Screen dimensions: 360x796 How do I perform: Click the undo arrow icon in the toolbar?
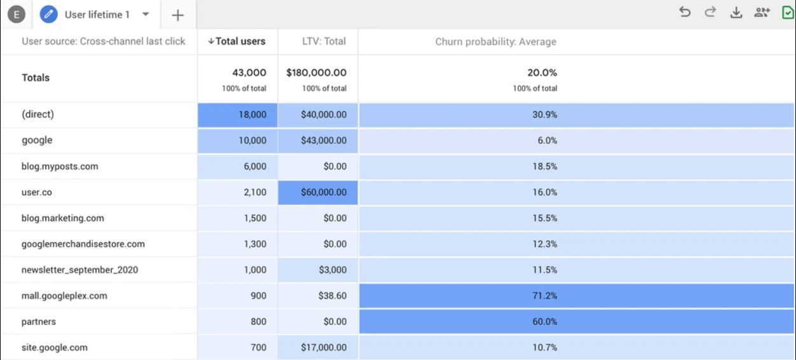click(685, 12)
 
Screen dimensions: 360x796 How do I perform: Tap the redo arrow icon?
click(710, 12)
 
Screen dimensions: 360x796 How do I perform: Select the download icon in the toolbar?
click(736, 13)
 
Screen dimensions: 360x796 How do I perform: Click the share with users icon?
click(762, 12)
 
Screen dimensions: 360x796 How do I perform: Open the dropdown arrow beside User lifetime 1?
click(146, 14)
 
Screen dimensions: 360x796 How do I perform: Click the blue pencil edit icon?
click(49, 14)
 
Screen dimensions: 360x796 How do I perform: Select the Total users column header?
click(237, 41)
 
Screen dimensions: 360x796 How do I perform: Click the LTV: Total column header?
click(324, 41)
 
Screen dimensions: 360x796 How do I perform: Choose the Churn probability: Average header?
click(495, 42)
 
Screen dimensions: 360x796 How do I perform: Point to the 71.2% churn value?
click(545, 296)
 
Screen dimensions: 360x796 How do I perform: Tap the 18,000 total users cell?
click(252, 115)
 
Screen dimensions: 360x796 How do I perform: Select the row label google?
click(37, 141)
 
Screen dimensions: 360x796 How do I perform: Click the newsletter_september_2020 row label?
click(79, 270)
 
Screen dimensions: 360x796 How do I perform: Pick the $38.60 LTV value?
click(334, 296)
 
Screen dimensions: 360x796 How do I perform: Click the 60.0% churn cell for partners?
click(545, 322)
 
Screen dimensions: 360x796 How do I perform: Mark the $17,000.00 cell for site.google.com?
click(324, 347)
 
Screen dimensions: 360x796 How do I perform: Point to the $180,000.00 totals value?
click(317, 73)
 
